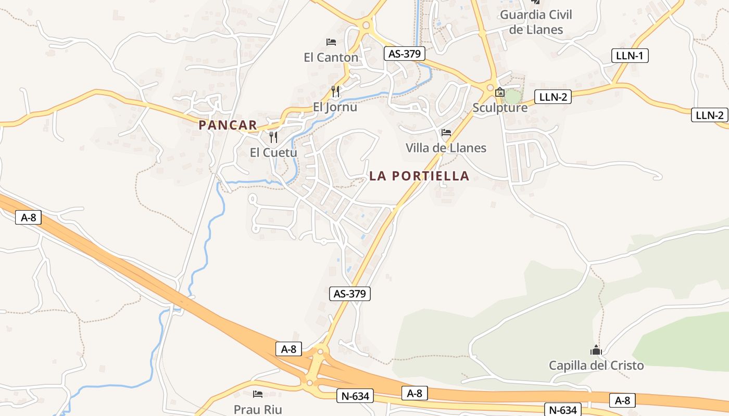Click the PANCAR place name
[228, 125]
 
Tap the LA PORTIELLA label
[419, 176]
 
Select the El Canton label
[331, 57]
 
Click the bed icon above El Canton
[331, 42]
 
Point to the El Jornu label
[335, 107]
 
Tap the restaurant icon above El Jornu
[335, 92]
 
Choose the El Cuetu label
[273, 152]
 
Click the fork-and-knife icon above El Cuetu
[273, 137]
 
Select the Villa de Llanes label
[446, 148]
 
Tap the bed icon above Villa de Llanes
[446, 133]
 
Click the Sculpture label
[500, 108]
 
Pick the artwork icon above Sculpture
[500, 92]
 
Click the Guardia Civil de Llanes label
[536, 22]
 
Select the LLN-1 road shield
[629, 55]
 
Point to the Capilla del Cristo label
[596, 365]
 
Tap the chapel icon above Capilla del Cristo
[596, 350]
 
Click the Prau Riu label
[258, 409]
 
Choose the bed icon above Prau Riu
[258, 394]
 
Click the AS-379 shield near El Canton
[405, 53]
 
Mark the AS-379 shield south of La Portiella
[350, 293]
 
